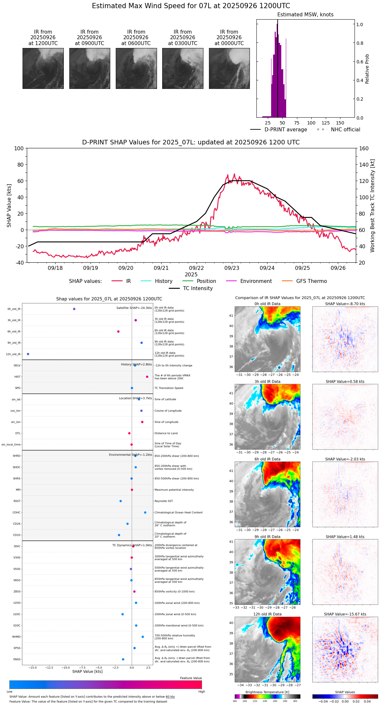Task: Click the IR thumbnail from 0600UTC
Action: click(x=136, y=68)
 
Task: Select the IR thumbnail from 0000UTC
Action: click(x=229, y=68)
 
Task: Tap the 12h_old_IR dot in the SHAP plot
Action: click(x=28, y=354)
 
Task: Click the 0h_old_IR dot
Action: click(x=74, y=309)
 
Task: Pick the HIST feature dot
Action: click(x=147, y=377)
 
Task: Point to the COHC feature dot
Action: click(x=145, y=512)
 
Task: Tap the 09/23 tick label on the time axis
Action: click(x=232, y=268)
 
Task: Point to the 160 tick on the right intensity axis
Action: click(x=364, y=148)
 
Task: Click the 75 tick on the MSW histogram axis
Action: click(x=297, y=123)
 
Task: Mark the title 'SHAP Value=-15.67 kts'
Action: click(x=345, y=614)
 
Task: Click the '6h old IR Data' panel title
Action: click(x=267, y=459)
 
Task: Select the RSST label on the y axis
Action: click(x=17, y=501)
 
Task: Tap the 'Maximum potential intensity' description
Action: click(x=174, y=490)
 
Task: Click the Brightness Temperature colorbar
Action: click(x=267, y=696)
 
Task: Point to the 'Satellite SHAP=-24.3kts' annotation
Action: click(x=134, y=308)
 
